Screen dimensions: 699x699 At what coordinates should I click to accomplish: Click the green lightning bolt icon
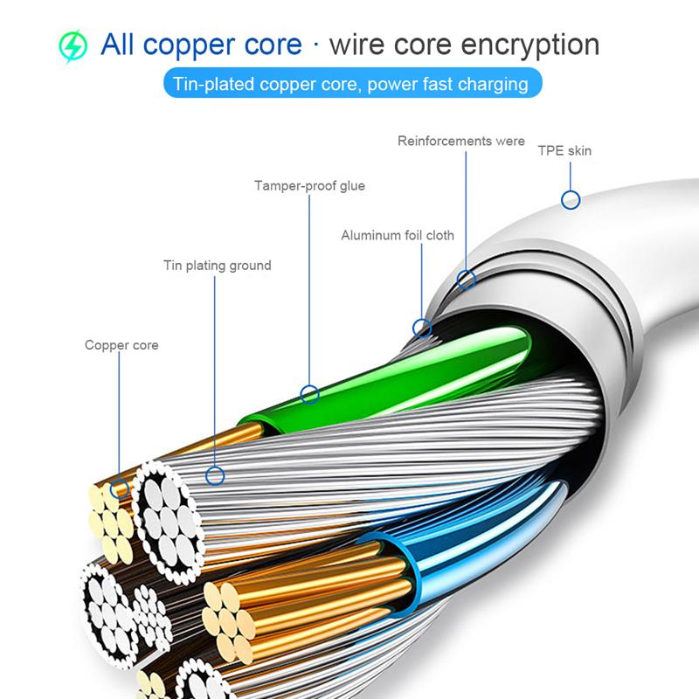(73, 45)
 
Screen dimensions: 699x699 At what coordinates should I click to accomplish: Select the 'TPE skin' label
(564, 151)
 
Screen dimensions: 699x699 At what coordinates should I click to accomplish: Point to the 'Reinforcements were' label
(461, 141)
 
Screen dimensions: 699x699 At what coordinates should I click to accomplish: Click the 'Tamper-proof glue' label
(309, 186)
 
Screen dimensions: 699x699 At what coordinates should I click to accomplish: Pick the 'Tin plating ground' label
(218, 266)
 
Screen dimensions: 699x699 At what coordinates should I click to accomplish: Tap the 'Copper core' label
(121, 345)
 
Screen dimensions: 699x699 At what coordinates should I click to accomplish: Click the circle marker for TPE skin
(571, 200)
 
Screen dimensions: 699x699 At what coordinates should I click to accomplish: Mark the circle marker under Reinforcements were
(467, 280)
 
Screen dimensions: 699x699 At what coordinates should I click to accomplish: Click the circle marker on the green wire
(309, 394)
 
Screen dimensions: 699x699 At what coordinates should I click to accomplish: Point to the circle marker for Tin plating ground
(215, 476)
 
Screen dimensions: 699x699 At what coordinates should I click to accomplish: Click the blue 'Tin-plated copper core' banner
(350, 85)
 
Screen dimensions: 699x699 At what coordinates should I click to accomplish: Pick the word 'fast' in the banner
(439, 85)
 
